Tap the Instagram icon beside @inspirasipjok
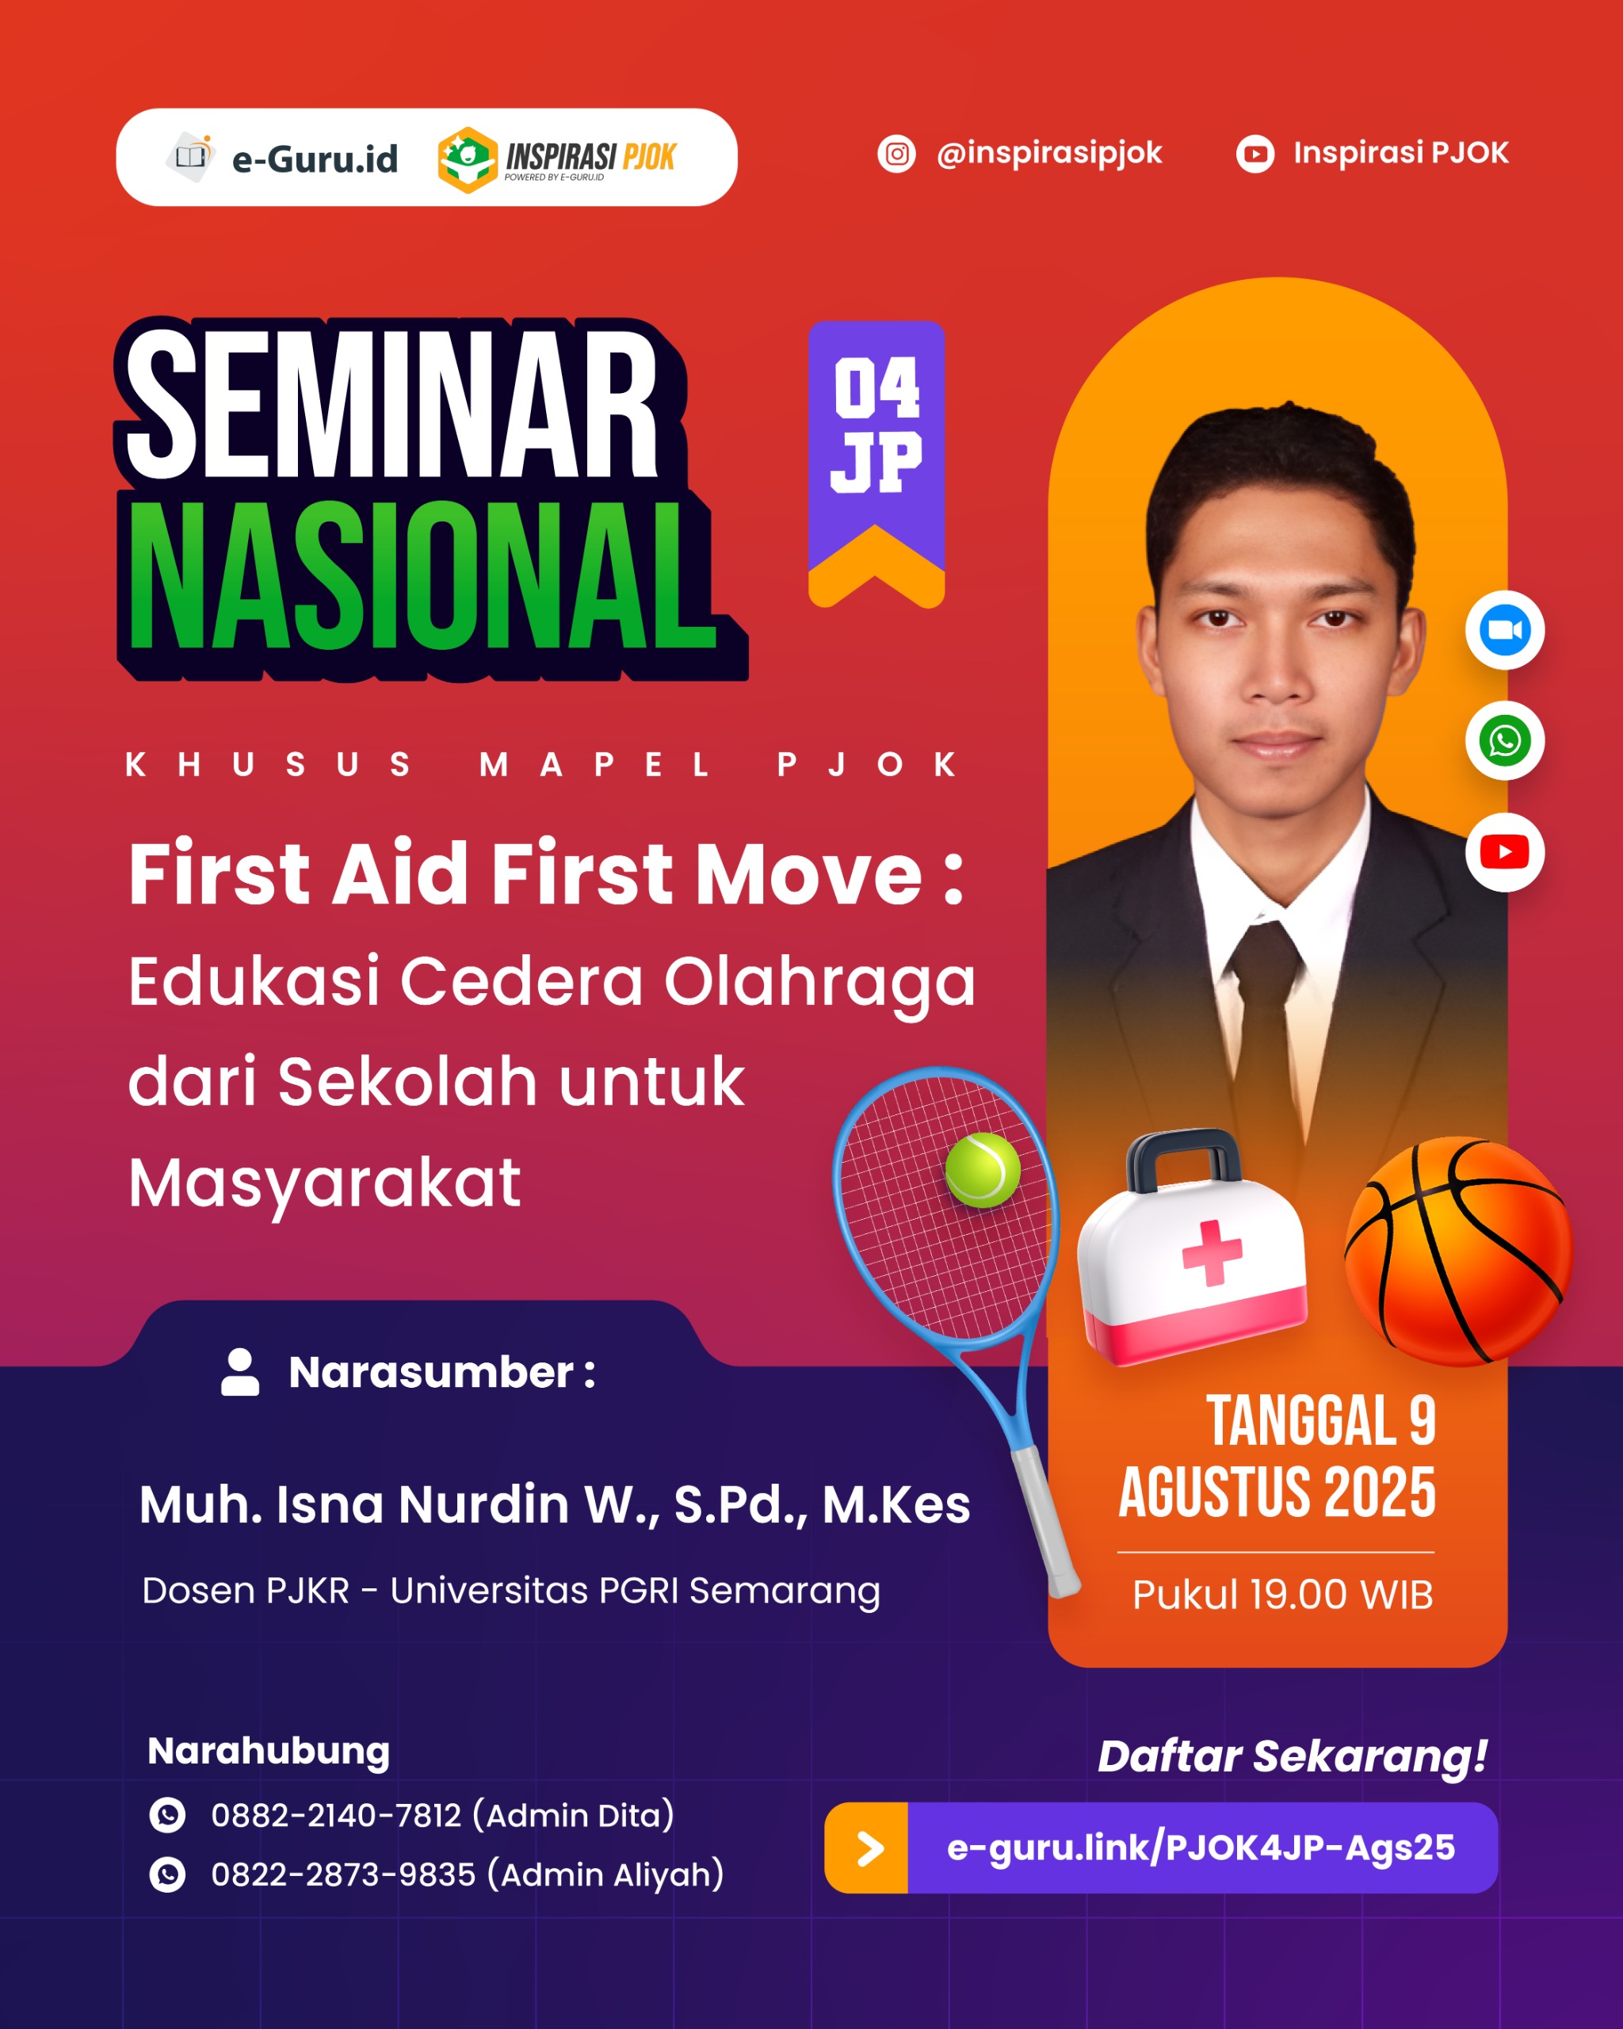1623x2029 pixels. [x=896, y=154]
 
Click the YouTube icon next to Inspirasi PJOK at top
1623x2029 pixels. [x=1255, y=154]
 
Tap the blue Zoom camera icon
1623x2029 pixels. [x=1504, y=629]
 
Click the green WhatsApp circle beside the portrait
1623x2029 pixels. [x=1504, y=740]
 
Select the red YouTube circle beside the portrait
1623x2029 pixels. [x=1504, y=852]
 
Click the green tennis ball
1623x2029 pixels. [x=982, y=1170]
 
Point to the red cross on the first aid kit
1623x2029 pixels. [x=1212, y=1251]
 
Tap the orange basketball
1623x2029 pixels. [x=1457, y=1251]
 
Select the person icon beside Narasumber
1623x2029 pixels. [x=240, y=1372]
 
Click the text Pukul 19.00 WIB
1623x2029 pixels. [x=1282, y=1594]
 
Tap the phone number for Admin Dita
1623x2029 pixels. [x=336, y=1814]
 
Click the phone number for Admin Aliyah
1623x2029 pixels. [x=342, y=1874]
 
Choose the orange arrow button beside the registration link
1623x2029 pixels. [x=866, y=1848]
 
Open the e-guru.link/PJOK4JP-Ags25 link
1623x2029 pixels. [x=1201, y=1848]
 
